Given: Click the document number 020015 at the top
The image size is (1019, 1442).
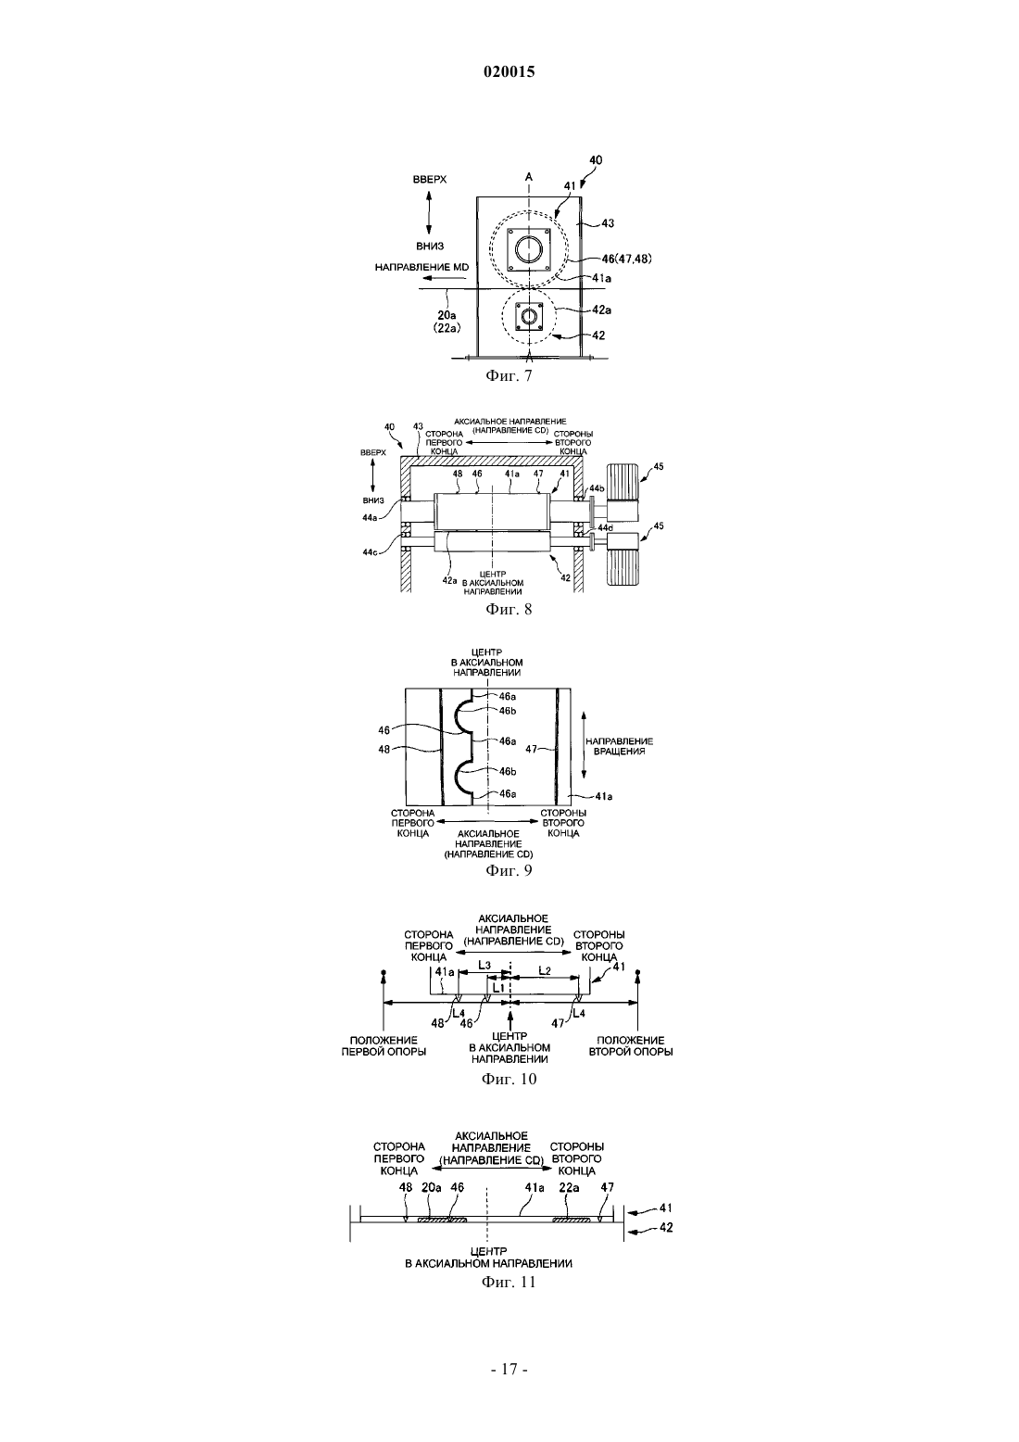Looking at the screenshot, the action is tap(509, 72).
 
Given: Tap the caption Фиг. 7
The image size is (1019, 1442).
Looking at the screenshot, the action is tap(509, 376).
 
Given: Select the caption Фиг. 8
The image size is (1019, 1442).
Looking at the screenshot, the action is tap(509, 609).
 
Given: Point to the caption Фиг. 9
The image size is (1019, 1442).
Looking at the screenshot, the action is tap(509, 870).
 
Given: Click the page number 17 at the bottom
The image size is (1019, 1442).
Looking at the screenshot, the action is tap(509, 1369).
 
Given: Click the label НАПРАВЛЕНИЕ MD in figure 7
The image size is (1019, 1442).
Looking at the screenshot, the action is tap(422, 267).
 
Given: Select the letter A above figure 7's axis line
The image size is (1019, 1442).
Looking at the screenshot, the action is tap(529, 176).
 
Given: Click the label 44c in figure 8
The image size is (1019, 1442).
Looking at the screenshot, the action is tap(371, 552).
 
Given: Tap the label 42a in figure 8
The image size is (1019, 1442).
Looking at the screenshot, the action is tap(449, 580).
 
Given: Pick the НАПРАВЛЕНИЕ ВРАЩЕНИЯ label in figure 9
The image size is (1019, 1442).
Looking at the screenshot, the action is tap(620, 746).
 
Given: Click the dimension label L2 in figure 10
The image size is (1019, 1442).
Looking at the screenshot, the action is tap(545, 970).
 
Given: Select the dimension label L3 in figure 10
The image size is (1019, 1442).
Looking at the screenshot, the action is tap(484, 965).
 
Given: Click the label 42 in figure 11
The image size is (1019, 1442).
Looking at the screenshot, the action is tap(666, 1228).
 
